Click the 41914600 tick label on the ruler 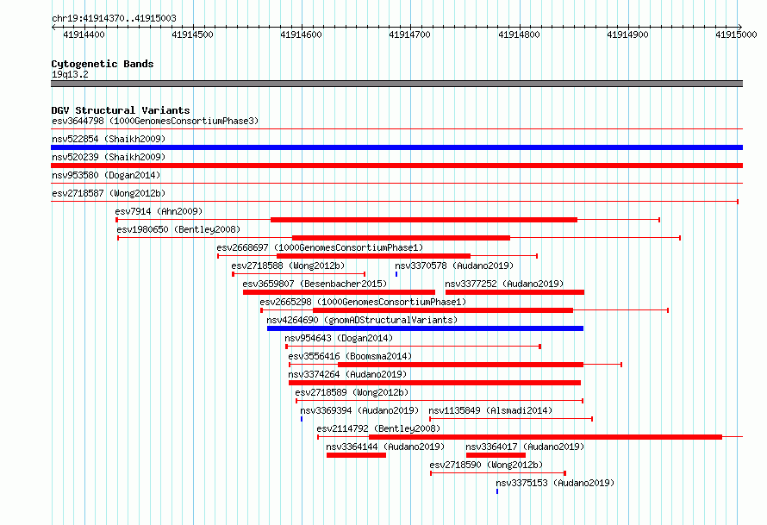point(301,34)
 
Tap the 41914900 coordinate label point(627,34)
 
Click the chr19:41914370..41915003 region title point(114,19)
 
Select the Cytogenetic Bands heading point(103,64)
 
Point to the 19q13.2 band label point(70,74)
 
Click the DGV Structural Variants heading point(121,110)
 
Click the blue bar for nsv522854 point(396,147)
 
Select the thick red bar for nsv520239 point(396,166)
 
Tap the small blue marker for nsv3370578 point(396,274)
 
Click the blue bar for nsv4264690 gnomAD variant point(425,328)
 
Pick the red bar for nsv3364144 point(356,455)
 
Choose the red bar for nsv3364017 point(496,455)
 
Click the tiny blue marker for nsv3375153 point(497,491)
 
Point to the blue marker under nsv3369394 point(302,419)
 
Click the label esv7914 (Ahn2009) point(159,211)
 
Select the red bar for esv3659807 point(339,292)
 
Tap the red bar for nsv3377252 point(514,292)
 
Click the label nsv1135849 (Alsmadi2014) point(490,410)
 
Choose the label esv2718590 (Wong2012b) point(486,465)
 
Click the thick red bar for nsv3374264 point(434,383)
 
